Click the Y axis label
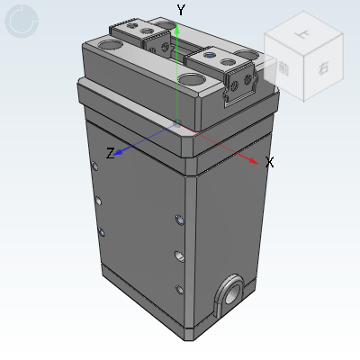click(x=181, y=10)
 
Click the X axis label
click(x=269, y=163)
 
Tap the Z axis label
click(x=110, y=154)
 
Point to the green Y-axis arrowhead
click(x=178, y=30)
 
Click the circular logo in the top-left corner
click(x=22, y=21)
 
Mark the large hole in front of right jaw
click(x=192, y=80)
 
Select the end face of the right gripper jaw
click(x=239, y=85)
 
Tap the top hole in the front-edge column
click(x=180, y=219)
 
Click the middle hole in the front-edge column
click(x=180, y=256)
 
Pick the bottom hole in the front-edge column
click(x=180, y=289)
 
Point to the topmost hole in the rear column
click(x=95, y=165)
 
